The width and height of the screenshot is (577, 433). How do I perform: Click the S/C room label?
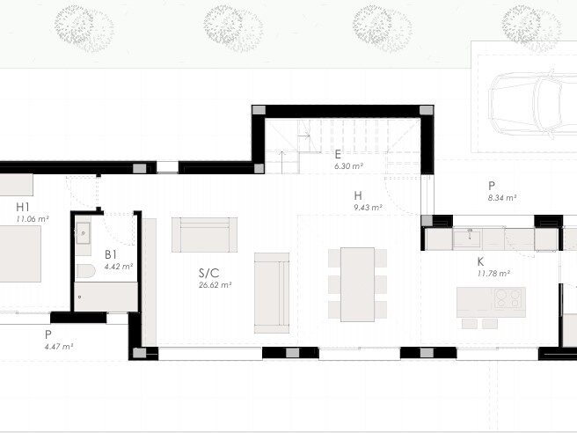tap(209, 273)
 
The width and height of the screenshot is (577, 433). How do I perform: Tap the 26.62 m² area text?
tap(215, 284)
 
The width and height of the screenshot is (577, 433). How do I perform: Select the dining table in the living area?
tap(357, 284)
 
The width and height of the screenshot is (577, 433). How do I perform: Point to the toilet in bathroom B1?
tap(85, 272)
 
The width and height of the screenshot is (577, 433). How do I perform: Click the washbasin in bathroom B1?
tap(84, 233)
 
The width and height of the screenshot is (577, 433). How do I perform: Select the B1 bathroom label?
tap(111, 254)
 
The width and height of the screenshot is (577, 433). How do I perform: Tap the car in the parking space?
tap(533, 104)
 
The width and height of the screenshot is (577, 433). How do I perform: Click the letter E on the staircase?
tap(338, 154)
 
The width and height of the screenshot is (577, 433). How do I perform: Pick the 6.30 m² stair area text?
tap(349, 166)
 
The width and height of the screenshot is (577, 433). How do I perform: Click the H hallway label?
tap(358, 195)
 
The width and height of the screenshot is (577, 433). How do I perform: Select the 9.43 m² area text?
tap(368, 208)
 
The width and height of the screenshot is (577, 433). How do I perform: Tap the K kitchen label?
tap(480, 261)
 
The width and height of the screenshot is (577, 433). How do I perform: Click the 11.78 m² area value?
tap(493, 274)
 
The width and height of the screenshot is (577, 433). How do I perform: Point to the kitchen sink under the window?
tap(467, 239)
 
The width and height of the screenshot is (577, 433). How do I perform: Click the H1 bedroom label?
tap(23, 207)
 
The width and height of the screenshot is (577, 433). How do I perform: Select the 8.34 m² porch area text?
tap(502, 198)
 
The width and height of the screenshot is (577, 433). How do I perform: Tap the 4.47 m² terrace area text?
tap(59, 347)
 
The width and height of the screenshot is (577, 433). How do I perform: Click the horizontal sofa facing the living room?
tap(204, 235)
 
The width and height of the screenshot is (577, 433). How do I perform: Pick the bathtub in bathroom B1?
tap(106, 297)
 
